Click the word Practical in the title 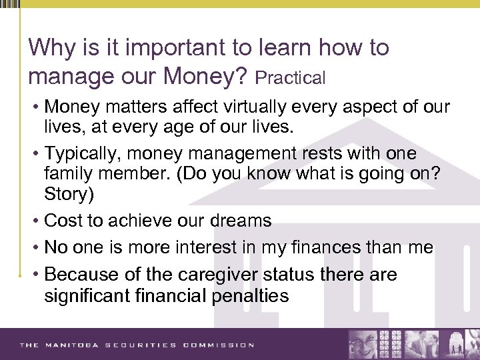click(x=291, y=79)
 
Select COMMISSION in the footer click(x=221, y=345)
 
